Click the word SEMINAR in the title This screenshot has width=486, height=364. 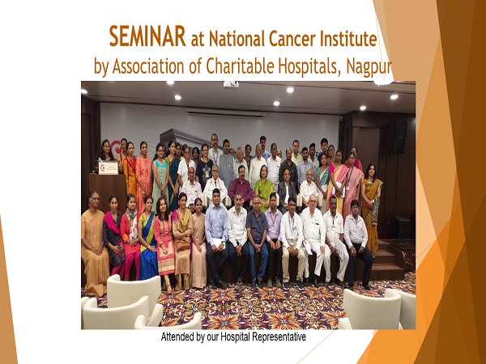(x=147, y=36)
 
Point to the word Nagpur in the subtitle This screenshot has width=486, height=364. (x=369, y=66)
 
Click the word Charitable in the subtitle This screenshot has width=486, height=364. (x=240, y=66)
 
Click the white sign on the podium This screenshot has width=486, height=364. (x=109, y=167)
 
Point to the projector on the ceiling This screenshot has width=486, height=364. (x=231, y=84)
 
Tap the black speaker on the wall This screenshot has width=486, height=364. (x=400, y=138)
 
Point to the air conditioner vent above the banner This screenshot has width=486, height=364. (x=225, y=112)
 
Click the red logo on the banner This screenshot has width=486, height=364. (x=115, y=148)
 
